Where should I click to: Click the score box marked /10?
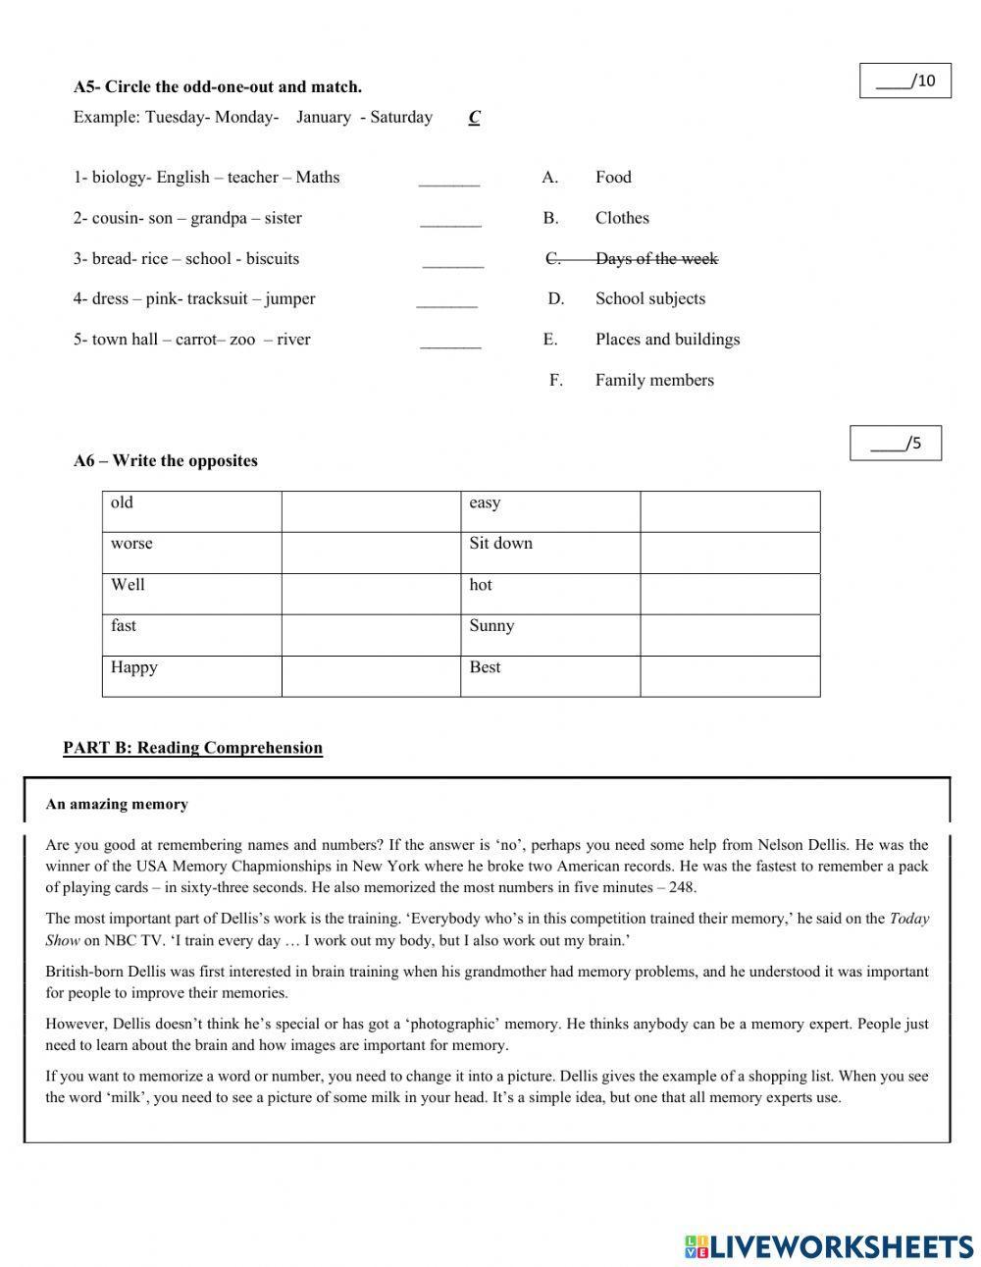tap(904, 81)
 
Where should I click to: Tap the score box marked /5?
tap(895, 444)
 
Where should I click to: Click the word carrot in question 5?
tap(196, 341)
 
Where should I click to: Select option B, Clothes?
tap(621, 218)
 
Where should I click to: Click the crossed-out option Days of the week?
tap(655, 259)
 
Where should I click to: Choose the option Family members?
tap(653, 381)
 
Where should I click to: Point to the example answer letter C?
tap(474, 118)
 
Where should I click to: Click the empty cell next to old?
tap(371, 511)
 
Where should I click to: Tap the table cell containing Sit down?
tap(549, 553)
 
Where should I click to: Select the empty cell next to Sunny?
tap(729, 635)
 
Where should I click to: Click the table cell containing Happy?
tap(191, 676)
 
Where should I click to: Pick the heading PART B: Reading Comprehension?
tap(192, 748)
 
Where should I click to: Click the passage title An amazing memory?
tap(116, 805)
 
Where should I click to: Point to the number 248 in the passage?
tap(682, 888)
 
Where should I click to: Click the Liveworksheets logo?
tap(829, 1246)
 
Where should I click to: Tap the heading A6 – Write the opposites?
tap(165, 461)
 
